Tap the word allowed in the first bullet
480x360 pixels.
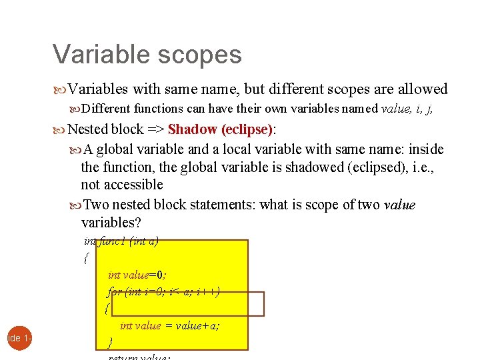pos(423,89)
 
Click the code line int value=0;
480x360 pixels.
pos(137,274)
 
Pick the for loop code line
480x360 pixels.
pos(164,291)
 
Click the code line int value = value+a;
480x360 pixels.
pos(170,325)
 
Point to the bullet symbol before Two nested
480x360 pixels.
pos(75,205)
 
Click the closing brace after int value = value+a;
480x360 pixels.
pos(110,343)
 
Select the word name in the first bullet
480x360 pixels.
pos(219,89)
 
